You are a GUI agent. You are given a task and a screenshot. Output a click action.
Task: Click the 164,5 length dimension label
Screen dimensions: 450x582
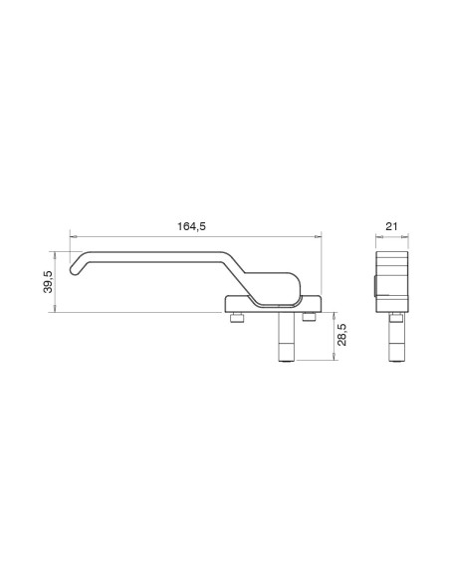[x=191, y=226]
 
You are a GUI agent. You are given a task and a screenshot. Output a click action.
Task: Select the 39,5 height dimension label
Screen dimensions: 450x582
[x=48, y=282]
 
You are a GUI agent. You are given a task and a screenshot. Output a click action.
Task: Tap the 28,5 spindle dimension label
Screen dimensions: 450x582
[x=342, y=335]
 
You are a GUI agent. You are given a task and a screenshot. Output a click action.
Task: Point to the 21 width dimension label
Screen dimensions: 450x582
[x=391, y=226]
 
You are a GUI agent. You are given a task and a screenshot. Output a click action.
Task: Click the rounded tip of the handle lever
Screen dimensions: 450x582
[x=74, y=270]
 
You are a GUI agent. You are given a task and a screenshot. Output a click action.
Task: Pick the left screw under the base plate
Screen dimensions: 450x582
[x=237, y=318]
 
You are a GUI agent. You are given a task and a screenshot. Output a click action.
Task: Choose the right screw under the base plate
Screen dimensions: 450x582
[x=309, y=317]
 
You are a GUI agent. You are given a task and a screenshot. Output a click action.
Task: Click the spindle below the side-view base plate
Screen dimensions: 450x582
[x=287, y=337]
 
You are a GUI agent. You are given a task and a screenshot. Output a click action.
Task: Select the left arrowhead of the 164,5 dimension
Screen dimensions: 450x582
[x=73, y=236]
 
